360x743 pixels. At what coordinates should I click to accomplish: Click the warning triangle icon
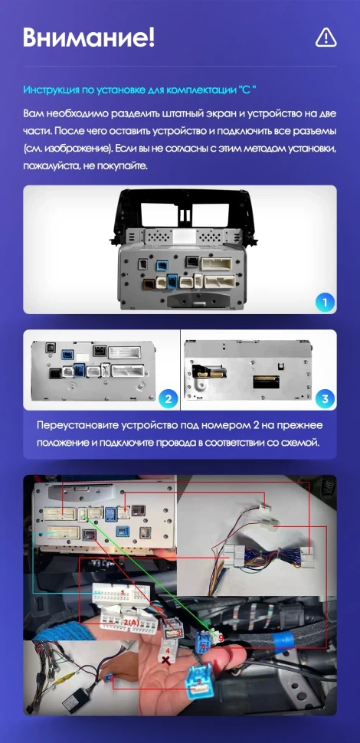coord(326,37)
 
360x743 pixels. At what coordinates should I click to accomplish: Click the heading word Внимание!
coord(89,37)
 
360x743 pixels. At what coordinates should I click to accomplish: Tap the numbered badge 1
coord(325,302)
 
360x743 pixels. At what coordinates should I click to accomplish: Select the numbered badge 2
coord(167,398)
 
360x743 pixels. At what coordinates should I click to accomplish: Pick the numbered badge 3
coord(325,398)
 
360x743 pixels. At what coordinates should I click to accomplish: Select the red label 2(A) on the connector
coord(130,622)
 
